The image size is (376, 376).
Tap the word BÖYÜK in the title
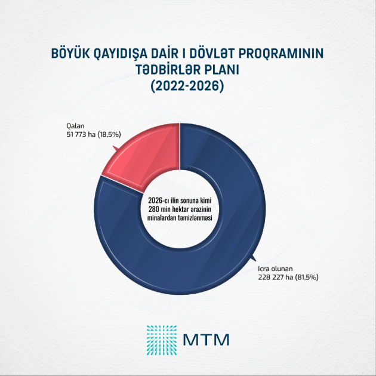(73, 55)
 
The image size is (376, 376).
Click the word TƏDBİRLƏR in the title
(159, 70)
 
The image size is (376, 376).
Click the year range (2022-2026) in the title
(187, 87)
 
